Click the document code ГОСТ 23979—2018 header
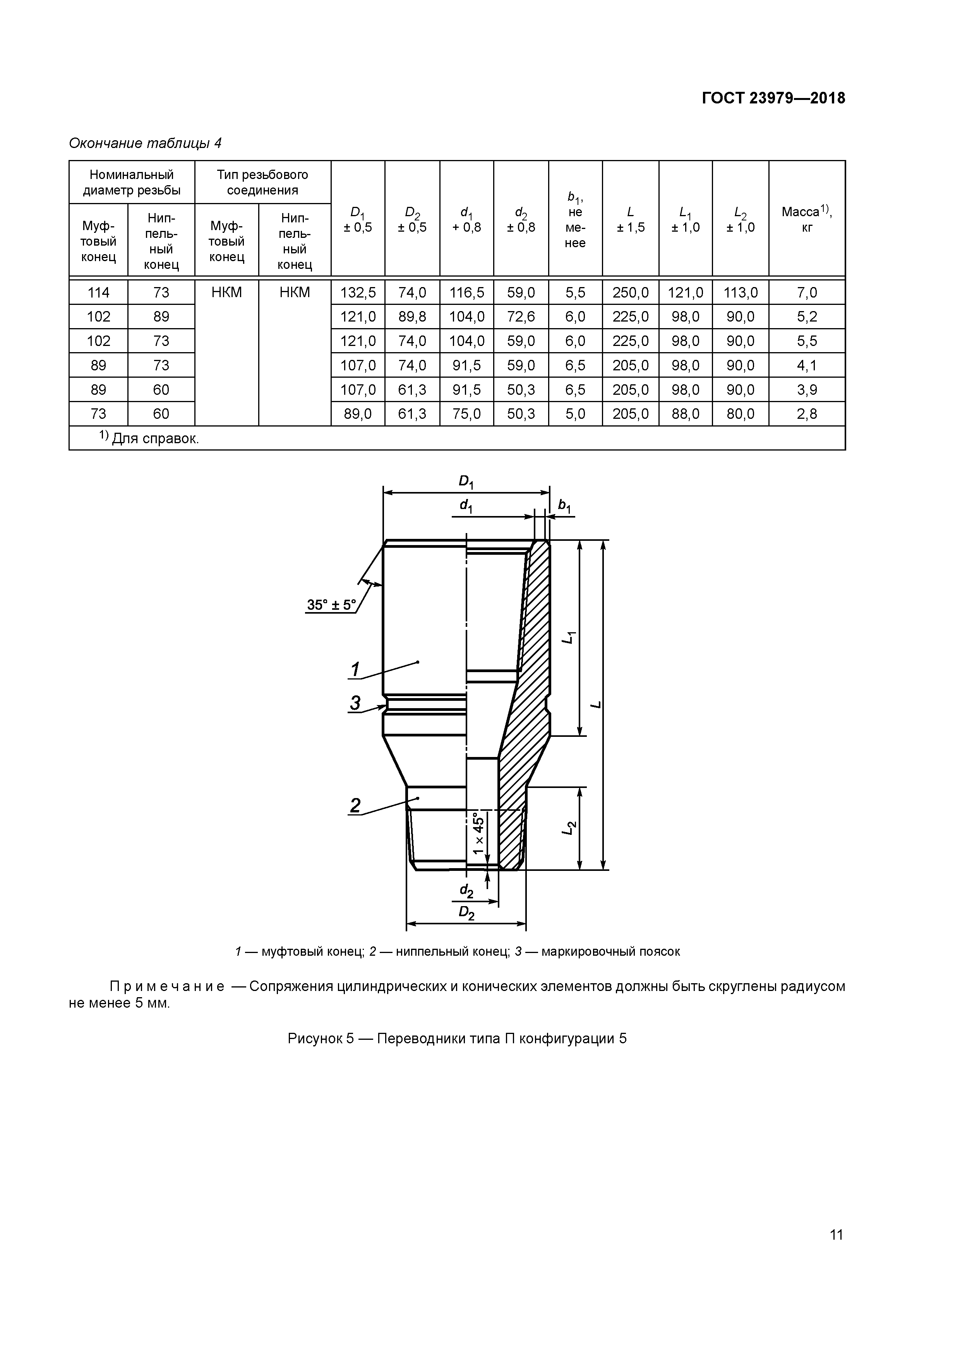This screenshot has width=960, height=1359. (773, 98)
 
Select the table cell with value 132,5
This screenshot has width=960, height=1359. (358, 292)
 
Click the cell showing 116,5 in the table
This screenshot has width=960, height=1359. (467, 292)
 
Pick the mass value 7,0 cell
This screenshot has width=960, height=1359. (807, 292)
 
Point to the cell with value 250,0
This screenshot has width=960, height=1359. (631, 292)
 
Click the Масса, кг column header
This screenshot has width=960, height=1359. (807, 219)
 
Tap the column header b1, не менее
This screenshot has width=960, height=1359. (575, 219)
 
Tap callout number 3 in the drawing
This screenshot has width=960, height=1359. (355, 703)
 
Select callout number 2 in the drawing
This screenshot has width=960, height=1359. (355, 805)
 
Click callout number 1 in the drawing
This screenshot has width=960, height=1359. (355, 669)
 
